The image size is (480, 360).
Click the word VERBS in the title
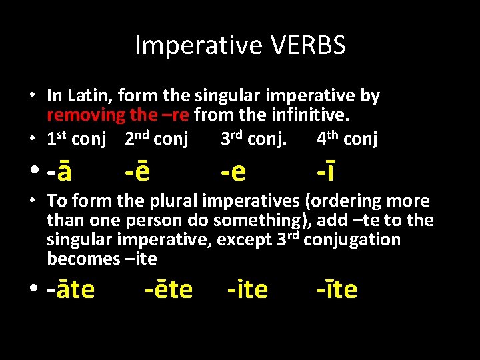307,46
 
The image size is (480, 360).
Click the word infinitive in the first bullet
309,115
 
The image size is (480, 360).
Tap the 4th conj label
347,139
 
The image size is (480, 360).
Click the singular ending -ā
59,171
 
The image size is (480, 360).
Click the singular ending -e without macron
233,171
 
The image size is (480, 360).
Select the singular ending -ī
326,171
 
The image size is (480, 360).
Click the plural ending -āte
71,289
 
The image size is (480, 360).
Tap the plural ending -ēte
169,289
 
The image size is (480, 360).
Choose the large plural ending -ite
247,289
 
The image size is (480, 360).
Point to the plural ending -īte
337,289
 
